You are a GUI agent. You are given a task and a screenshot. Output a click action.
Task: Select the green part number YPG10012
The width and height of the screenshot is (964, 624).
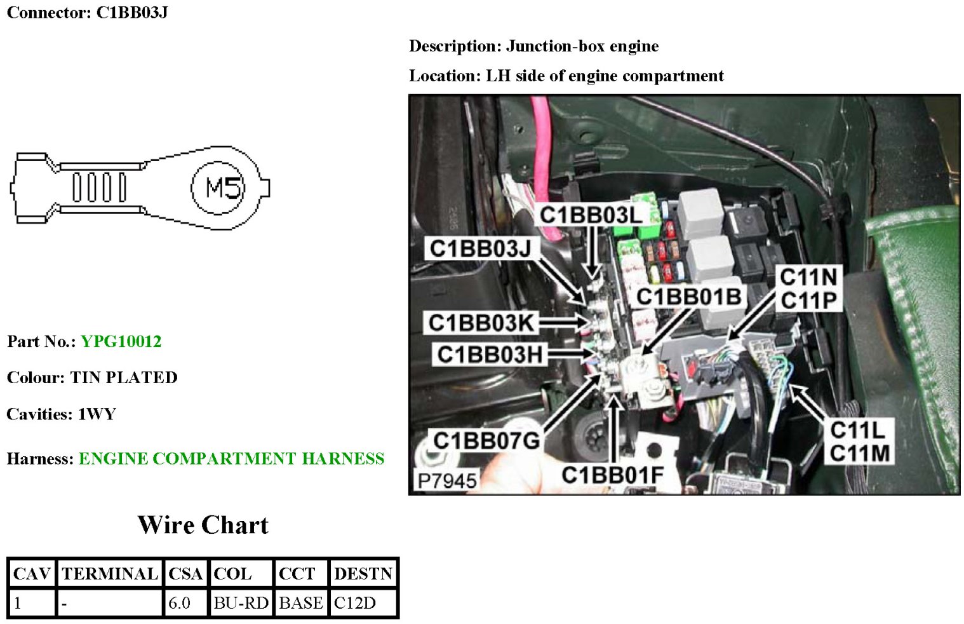[121, 342]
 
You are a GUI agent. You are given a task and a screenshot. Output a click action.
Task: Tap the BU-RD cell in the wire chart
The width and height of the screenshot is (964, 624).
[241, 603]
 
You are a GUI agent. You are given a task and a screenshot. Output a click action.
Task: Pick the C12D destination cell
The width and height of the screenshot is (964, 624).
[355, 603]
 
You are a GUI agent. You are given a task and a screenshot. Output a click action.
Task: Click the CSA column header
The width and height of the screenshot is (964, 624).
[185, 574]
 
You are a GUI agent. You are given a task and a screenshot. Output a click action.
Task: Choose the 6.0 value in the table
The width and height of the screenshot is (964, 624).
[180, 603]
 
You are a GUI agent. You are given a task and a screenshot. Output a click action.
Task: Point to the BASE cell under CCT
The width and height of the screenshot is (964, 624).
[301, 603]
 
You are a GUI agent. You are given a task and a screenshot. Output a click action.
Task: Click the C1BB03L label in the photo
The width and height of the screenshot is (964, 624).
[591, 215]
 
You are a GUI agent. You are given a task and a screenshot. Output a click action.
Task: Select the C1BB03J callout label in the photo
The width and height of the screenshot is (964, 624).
[480, 248]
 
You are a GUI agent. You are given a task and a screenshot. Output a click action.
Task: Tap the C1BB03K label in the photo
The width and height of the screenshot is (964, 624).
[481, 323]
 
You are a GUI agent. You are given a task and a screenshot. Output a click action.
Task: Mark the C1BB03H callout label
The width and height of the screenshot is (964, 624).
[490, 354]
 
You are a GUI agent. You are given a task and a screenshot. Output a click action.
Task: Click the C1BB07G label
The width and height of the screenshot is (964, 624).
[486, 440]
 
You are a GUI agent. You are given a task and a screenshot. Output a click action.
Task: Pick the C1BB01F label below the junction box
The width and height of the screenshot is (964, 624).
[612, 475]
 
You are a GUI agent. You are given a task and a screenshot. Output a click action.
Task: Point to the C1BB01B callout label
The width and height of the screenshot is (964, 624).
[689, 296]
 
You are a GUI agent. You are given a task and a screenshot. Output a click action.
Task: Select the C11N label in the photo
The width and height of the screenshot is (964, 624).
[808, 277]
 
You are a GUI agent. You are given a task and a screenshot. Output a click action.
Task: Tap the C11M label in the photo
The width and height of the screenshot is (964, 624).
[860, 453]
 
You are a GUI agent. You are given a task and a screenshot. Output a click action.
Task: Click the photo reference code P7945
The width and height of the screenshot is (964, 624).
[446, 481]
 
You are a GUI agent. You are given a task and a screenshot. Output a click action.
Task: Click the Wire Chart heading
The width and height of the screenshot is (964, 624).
[203, 526]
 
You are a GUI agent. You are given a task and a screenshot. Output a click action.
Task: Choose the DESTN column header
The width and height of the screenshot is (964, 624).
[363, 574]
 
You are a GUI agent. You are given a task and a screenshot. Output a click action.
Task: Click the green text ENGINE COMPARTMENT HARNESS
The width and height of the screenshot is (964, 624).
[231, 459]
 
